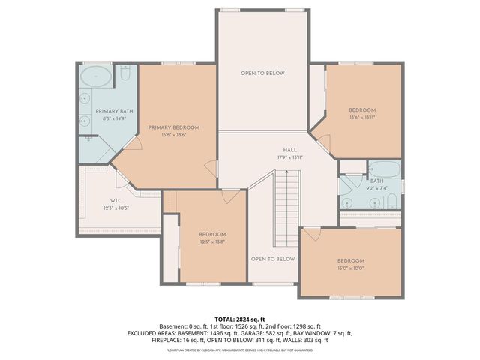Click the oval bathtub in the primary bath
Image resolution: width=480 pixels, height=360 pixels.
pos(95,76)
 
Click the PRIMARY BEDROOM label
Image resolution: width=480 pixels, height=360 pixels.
pos(166,127)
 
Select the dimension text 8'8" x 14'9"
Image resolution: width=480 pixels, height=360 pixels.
pos(109,118)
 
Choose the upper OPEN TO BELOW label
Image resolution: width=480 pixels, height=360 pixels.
pos(262,73)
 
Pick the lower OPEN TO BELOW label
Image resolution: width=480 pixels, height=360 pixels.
pos(272,259)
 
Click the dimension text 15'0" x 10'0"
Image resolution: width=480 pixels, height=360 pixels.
pos(350,268)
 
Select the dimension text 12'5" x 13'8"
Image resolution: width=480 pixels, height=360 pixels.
pos(212,242)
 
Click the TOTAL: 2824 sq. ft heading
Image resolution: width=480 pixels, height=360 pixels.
pos(240,319)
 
